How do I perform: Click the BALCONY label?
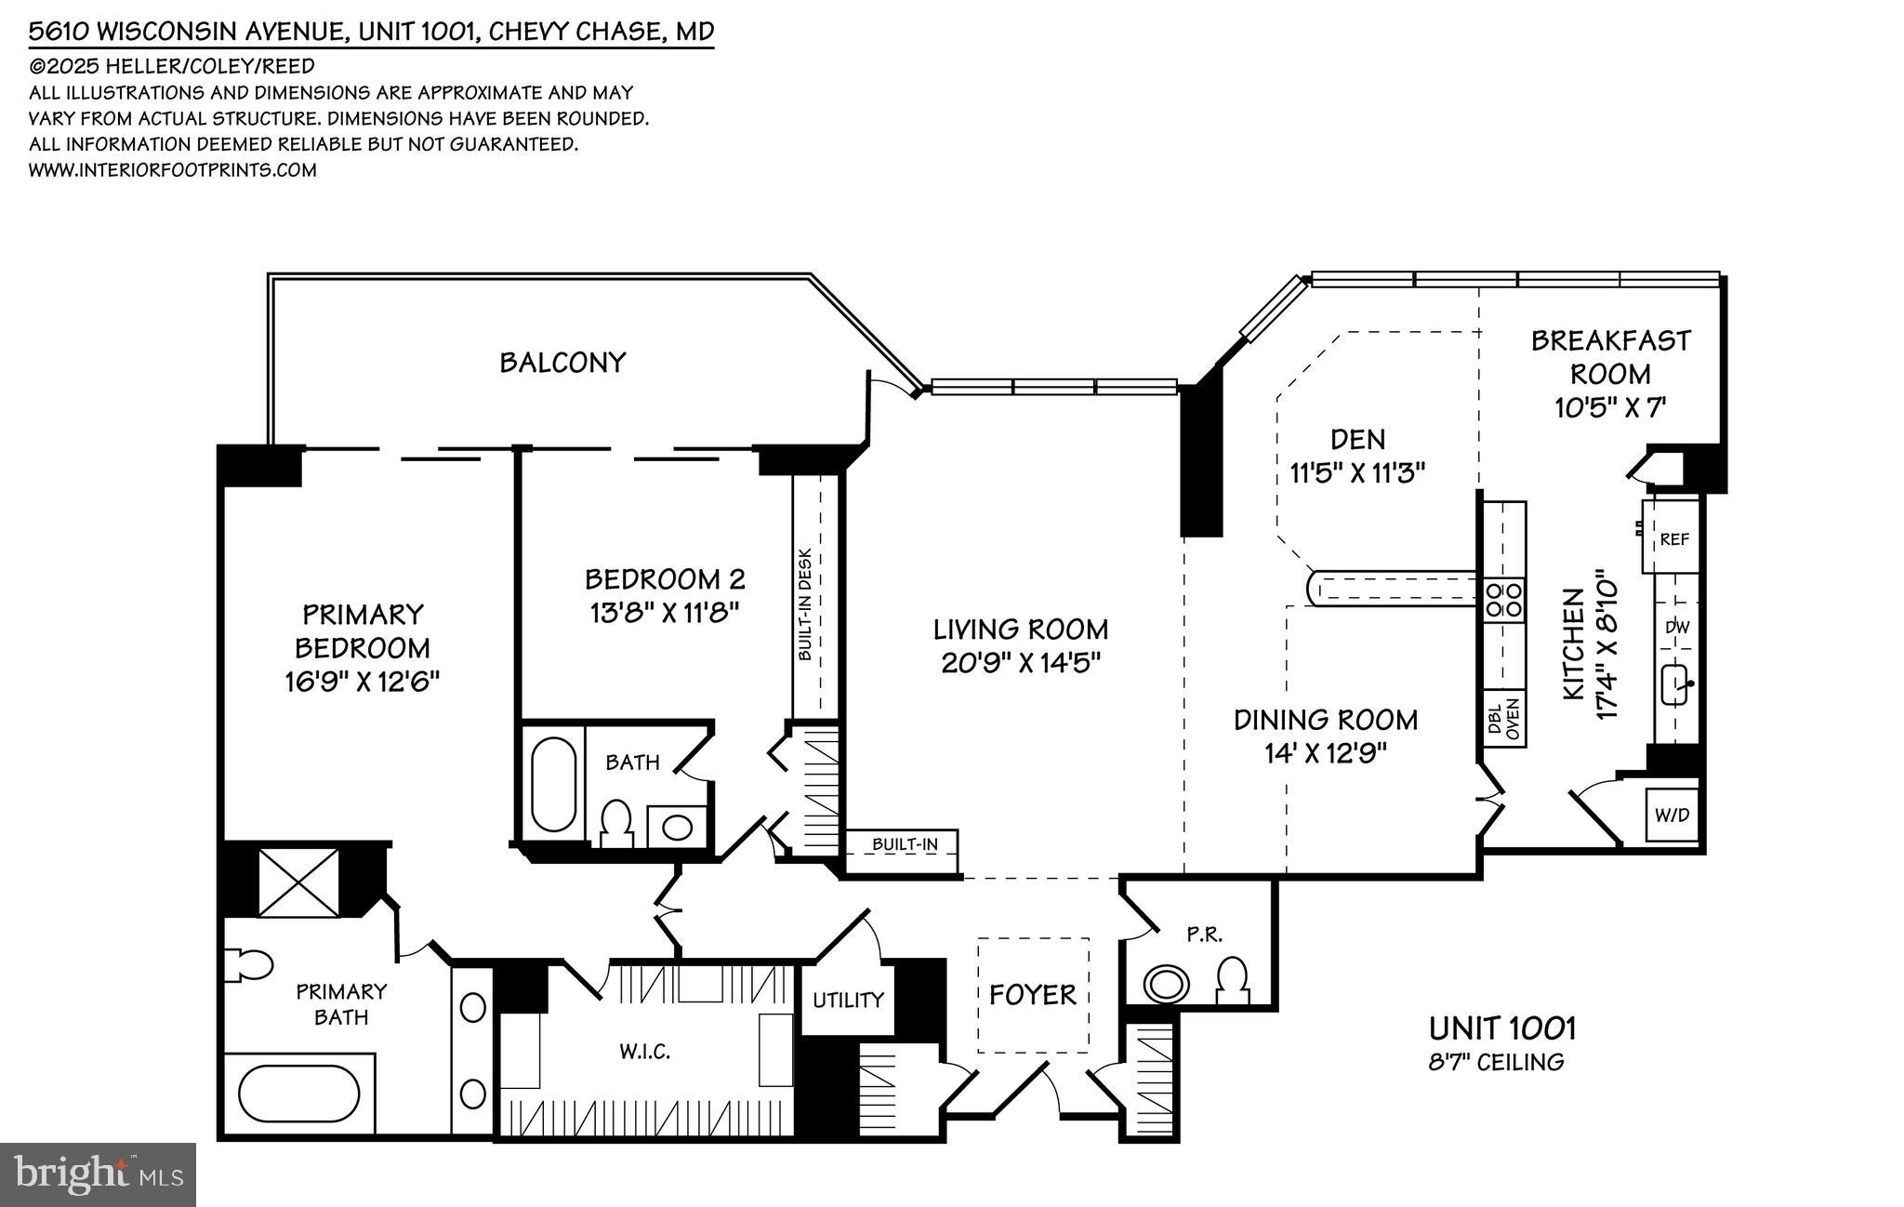click(562, 363)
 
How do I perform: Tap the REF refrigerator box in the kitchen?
click(1673, 538)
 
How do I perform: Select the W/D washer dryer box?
click(1672, 816)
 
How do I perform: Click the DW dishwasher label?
click(1676, 628)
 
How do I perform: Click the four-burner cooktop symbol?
click(1504, 600)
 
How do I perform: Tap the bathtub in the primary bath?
click(298, 1094)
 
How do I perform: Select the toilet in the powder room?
click(1232, 980)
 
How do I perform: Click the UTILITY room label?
click(848, 1001)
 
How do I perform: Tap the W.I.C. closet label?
click(644, 1052)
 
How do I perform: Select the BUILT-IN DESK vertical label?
click(805, 604)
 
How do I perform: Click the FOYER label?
click(1032, 995)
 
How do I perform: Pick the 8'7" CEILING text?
click(1496, 1062)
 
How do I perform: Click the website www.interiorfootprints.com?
click(173, 170)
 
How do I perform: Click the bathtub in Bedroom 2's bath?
click(552, 783)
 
